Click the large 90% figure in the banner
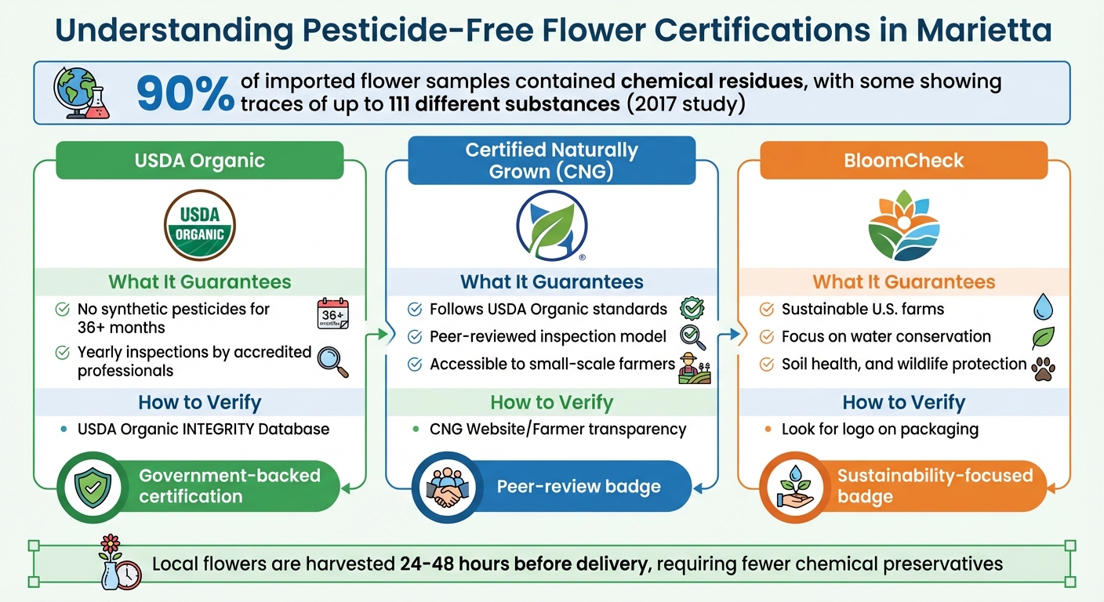[x=185, y=92]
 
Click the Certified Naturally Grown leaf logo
[x=551, y=226]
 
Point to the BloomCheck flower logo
[x=904, y=226]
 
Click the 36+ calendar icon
[x=332, y=314]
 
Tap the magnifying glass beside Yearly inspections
[x=332, y=360]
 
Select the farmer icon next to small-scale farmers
[x=693, y=367]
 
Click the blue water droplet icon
[x=1042, y=306]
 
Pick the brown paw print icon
[x=1043, y=368]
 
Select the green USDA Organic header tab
[x=200, y=161]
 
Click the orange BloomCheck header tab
[x=904, y=161]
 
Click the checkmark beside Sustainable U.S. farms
[x=767, y=310]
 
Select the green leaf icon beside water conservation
[x=1043, y=337]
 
